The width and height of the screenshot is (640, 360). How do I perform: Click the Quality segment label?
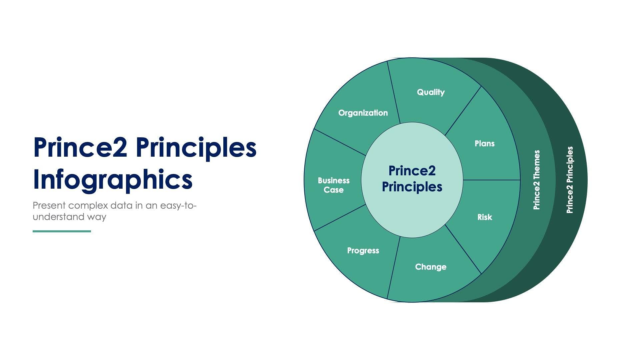coord(431,92)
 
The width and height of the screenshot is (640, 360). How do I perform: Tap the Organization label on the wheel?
coord(363,113)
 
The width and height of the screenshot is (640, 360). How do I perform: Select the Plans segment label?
coord(484,144)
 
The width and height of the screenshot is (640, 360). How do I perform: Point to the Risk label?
coord(484,217)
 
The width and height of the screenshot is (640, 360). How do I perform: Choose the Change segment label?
coord(431,267)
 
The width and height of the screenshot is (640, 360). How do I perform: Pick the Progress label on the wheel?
coord(363,251)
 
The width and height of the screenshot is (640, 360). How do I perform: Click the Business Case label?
coord(334,185)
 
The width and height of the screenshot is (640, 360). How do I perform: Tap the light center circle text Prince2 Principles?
coord(412,179)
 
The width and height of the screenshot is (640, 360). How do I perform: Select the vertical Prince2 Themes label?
coord(536,180)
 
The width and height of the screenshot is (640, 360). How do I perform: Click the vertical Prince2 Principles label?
coord(570,180)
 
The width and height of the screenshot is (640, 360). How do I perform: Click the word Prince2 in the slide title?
coord(80,148)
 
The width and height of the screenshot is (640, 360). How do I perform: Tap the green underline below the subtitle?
coord(62,231)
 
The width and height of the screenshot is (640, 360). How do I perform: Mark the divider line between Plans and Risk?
coord(492,180)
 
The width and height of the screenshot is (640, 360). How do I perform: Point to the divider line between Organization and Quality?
coord(394,93)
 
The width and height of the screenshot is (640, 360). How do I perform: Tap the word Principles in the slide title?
coord(196,148)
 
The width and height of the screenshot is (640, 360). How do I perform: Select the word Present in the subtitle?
coord(49,205)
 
